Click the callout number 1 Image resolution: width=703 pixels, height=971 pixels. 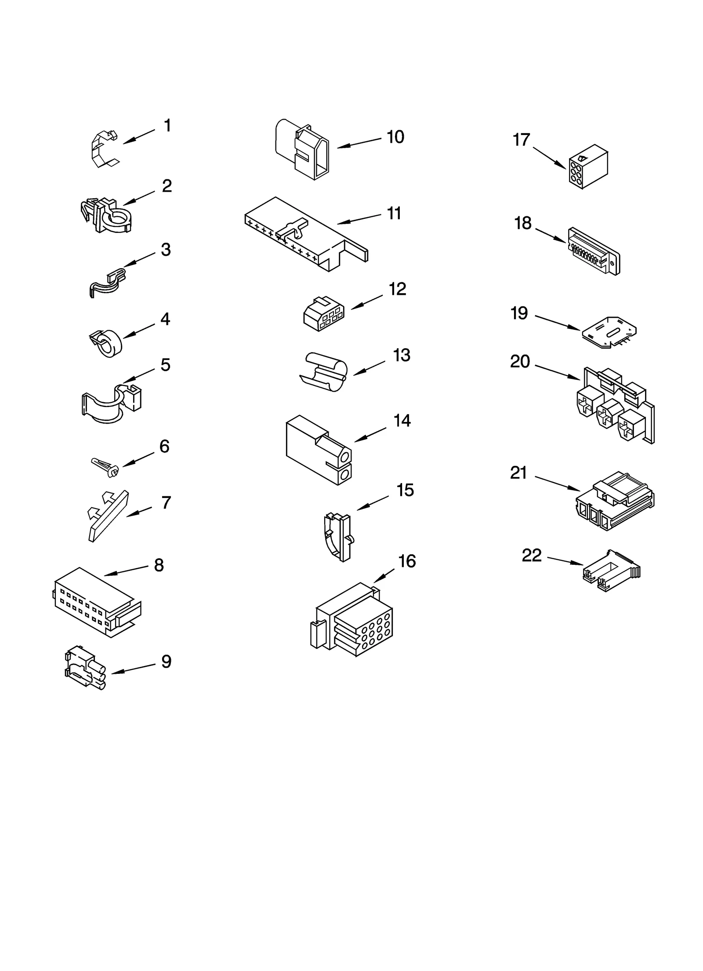click(x=167, y=126)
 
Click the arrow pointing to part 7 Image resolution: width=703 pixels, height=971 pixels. click(x=139, y=512)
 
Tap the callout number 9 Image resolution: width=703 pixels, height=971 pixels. click(x=166, y=662)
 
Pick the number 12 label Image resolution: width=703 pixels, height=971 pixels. click(x=397, y=289)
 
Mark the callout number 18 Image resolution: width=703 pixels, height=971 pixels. click(x=523, y=223)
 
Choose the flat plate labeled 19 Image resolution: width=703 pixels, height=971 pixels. click(x=609, y=333)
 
